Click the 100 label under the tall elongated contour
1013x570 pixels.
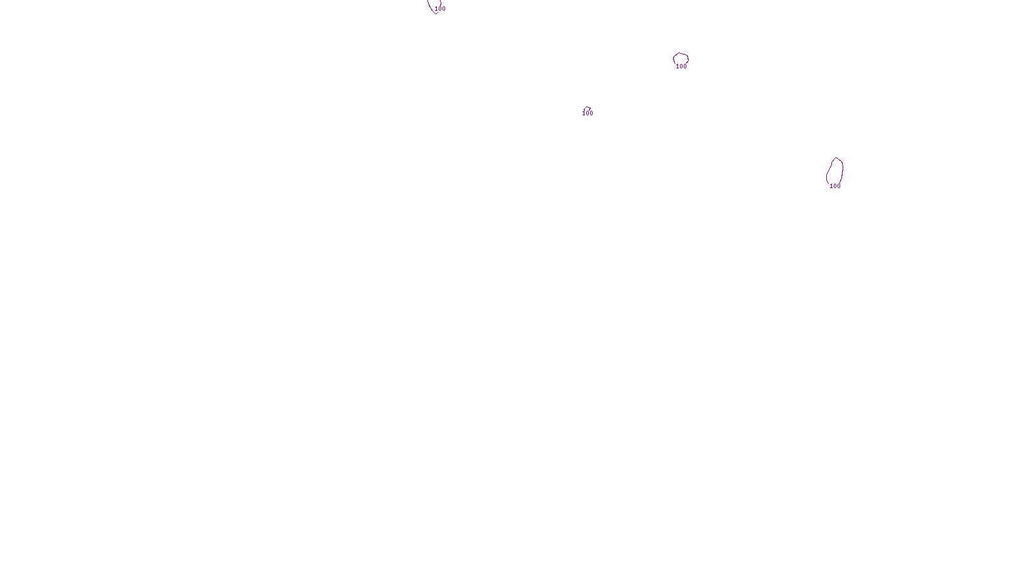tap(835, 186)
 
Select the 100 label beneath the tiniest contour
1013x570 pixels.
tap(588, 113)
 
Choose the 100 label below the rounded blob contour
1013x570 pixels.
tap(681, 66)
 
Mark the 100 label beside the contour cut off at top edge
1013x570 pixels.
tap(441, 9)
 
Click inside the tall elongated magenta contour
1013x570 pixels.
tap(835, 171)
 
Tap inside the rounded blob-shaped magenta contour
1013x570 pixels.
tap(681, 59)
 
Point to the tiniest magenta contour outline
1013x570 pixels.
tap(588, 108)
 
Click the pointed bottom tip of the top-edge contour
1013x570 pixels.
tap(436, 13)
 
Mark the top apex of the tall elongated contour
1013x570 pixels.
tap(836, 158)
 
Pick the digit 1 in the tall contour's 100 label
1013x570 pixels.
tap(831, 186)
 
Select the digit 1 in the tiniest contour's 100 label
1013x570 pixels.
tap(584, 113)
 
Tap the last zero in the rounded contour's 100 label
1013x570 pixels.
tap(685, 66)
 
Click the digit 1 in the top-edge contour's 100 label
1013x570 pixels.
tap(437, 9)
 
